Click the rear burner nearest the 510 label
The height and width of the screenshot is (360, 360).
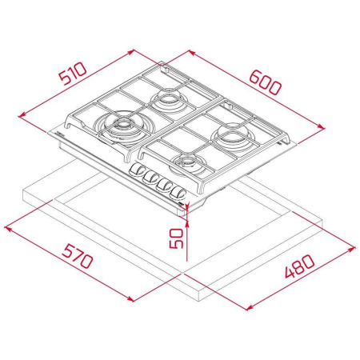pos(169,99)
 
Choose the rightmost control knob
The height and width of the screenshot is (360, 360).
pos(181,190)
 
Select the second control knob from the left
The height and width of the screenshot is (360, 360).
pos(150,178)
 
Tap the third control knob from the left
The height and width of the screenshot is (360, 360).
pos(165,184)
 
